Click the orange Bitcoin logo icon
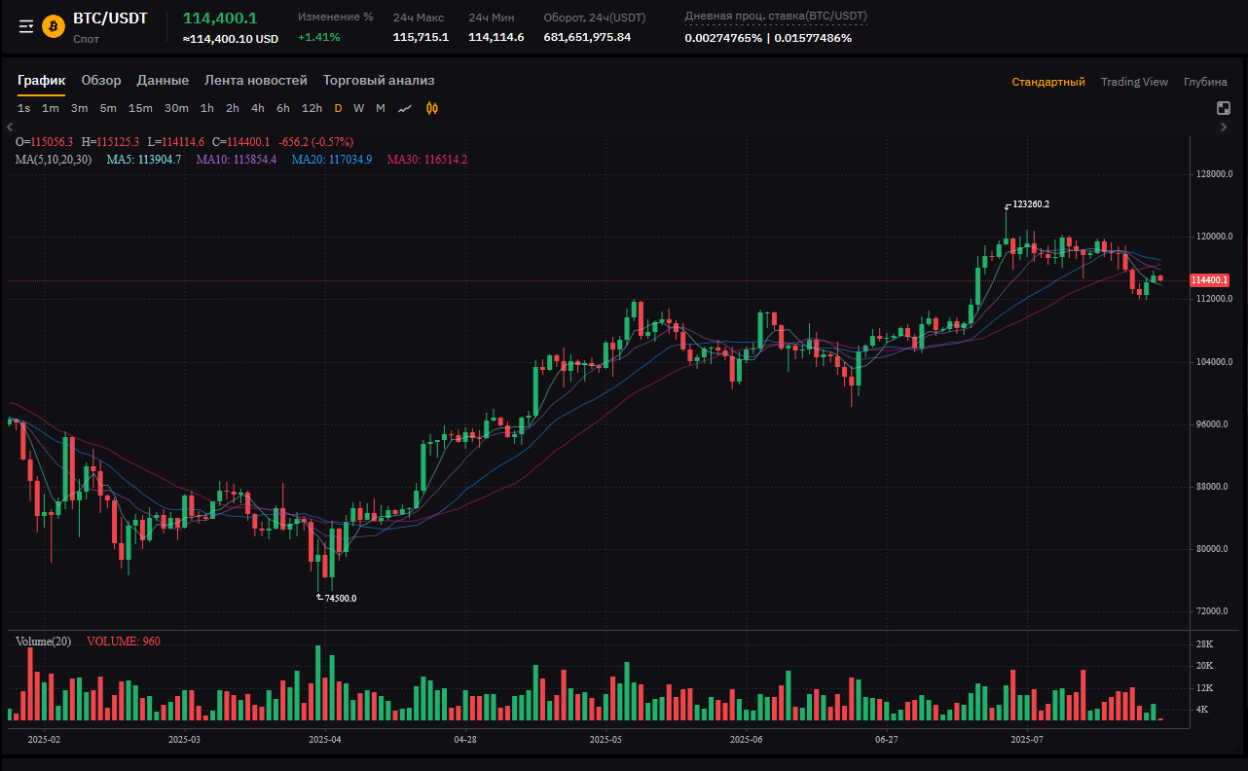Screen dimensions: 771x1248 pos(53,26)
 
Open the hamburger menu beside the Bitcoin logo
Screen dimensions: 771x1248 pos(26,26)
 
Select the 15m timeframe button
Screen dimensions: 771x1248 pos(140,108)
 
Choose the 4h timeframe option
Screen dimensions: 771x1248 pos(257,108)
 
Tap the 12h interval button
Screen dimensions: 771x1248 pos(312,108)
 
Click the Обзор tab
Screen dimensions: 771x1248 pos(101,81)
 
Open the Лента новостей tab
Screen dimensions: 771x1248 pos(255,81)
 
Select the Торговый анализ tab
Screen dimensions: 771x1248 pos(379,81)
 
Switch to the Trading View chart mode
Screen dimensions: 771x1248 pos(1134,82)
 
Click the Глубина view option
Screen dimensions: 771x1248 pos(1205,82)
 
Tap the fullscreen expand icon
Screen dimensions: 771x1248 pos(1224,108)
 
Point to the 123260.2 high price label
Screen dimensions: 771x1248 pos(1031,204)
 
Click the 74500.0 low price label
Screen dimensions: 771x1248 pos(340,599)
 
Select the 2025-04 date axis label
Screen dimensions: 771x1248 pos(324,740)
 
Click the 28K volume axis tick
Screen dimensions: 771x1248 pos(1203,644)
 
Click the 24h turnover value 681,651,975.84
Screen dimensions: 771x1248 pos(587,37)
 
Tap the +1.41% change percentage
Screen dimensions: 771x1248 pos(318,37)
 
